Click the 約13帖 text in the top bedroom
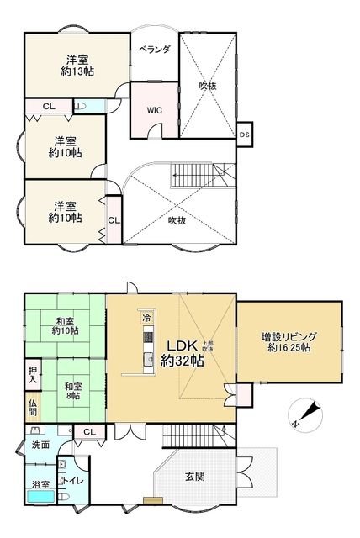[x=77, y=71]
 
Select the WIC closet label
[x=154, y=109]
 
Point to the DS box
[x=245, y=134]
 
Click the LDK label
[x=182, y=345]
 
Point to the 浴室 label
[x=40, y=484]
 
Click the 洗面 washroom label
[x=41, y=443]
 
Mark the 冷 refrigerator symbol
[x=146, y=318]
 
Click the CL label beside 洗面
[x=89, y=433]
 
